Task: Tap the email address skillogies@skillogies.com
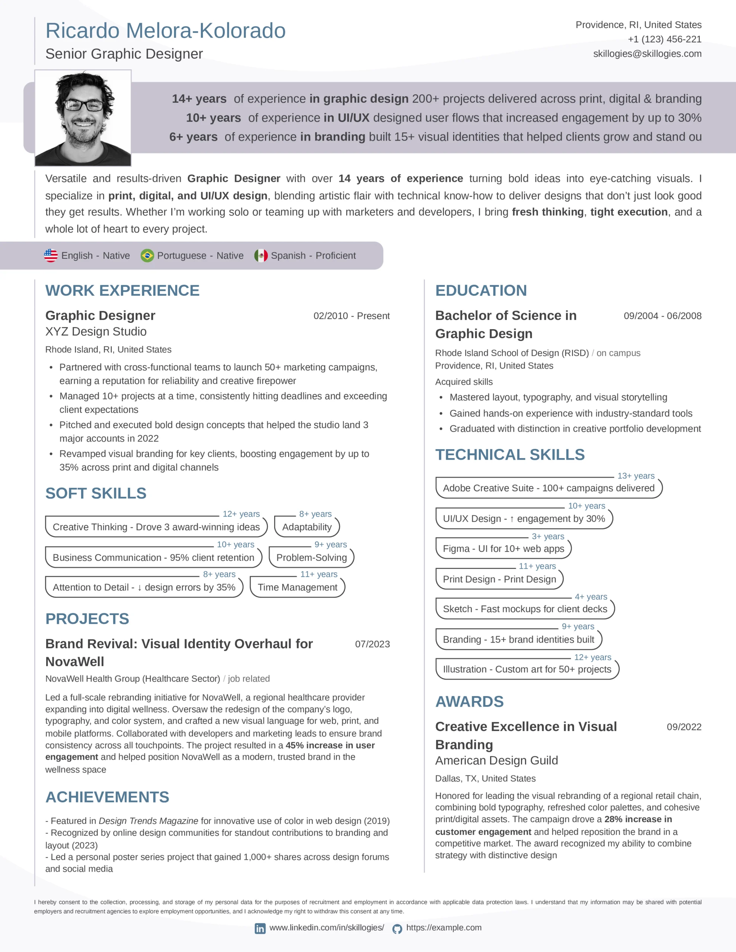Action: [x=647, y=54]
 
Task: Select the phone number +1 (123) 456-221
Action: [x=665, y=39]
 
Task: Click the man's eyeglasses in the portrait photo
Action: [x=83, y=105]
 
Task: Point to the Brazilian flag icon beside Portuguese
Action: [x=147, y=255]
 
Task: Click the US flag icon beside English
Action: [x=51, y=255]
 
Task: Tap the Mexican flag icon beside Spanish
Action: [x=261, y=255]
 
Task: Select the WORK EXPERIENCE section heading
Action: [x=122, y=290]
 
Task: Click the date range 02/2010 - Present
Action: [x=351, y=316]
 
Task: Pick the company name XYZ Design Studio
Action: [x=96, y=332]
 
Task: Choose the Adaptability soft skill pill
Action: [x=307, y=527]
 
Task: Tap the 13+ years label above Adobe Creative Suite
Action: [x=636, y=476]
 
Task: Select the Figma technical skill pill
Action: [x=503, y=549]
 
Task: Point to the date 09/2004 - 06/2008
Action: [x=662, y=316]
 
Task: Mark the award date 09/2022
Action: [x=684, y=727]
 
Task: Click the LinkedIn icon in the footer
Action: [x=260, y=929]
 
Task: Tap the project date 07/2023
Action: [x=372, y=644]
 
